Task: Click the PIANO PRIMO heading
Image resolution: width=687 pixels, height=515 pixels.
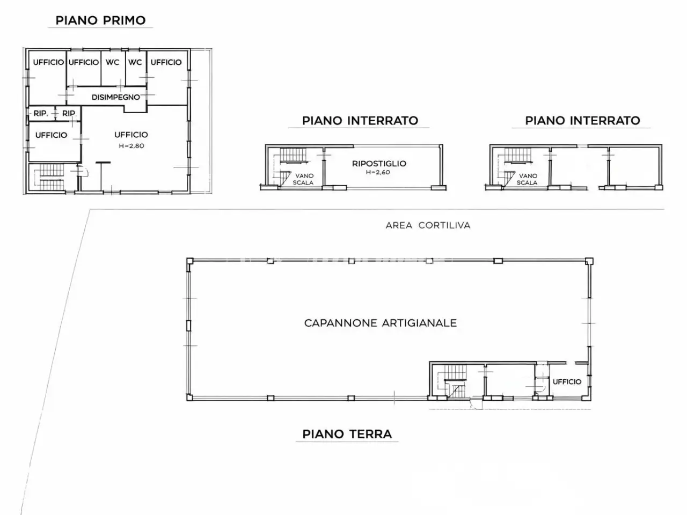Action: click(x=100, y=20)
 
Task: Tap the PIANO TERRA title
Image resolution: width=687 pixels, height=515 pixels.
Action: click(x=347, y=435)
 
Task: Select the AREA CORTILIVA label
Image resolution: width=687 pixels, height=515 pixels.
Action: click(x=428, y=225)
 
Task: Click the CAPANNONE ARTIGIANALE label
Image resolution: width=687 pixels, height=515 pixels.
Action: click(x=381, y=323)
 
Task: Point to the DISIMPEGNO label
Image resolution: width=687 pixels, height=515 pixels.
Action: click(x=116, y=97)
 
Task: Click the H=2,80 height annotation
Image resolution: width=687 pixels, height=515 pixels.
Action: click(x=131, y=146)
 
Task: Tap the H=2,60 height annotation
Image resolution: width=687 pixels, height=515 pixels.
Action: click(x=378, y=172)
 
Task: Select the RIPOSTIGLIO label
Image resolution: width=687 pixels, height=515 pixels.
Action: click(x=379, y=164)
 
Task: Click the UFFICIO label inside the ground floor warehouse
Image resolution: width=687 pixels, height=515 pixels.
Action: click(x=567, y=382)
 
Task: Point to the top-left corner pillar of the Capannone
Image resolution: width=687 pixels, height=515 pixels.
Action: click(x=189, y=261)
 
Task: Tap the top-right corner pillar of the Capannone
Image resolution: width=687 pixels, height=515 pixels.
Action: click(x=589, y=261)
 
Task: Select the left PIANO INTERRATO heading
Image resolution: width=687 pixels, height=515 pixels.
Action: click(x=360, y=121)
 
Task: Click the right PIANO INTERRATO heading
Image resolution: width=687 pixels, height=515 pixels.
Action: click(x=582, y=121)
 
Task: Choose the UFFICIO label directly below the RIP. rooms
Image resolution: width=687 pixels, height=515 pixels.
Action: click(x=52, y=135)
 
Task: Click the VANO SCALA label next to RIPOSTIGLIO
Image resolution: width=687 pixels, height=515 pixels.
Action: click(x=303, y=179)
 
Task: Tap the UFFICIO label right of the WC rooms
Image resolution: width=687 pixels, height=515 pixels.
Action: click(x=166, y=62)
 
